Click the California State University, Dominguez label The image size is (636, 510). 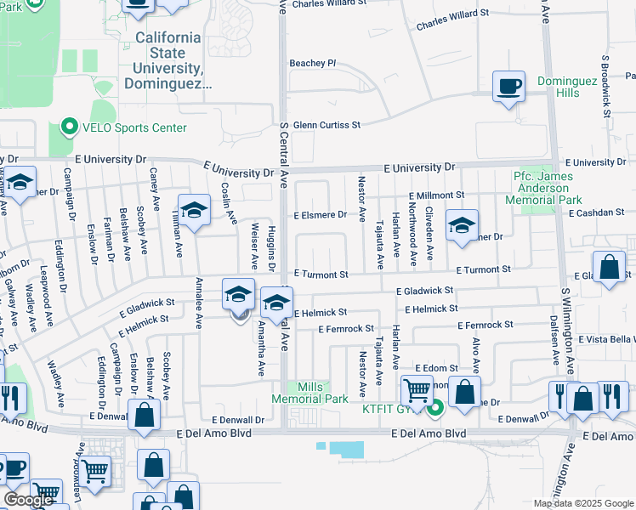click(168, 61)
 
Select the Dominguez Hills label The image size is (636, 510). click(570, 87)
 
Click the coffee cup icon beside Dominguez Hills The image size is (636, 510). click(509, 86)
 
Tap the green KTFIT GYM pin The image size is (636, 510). click(436, 408)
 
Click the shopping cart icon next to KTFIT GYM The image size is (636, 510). click(416, 391)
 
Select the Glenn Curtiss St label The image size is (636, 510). click(327, 125)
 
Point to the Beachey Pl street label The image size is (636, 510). click(313, 63)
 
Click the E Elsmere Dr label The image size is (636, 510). click(320, 215)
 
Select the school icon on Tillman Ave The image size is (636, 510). click(194, 211)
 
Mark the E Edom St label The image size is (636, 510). click(436, 367)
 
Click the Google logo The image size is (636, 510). click(28, 500)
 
